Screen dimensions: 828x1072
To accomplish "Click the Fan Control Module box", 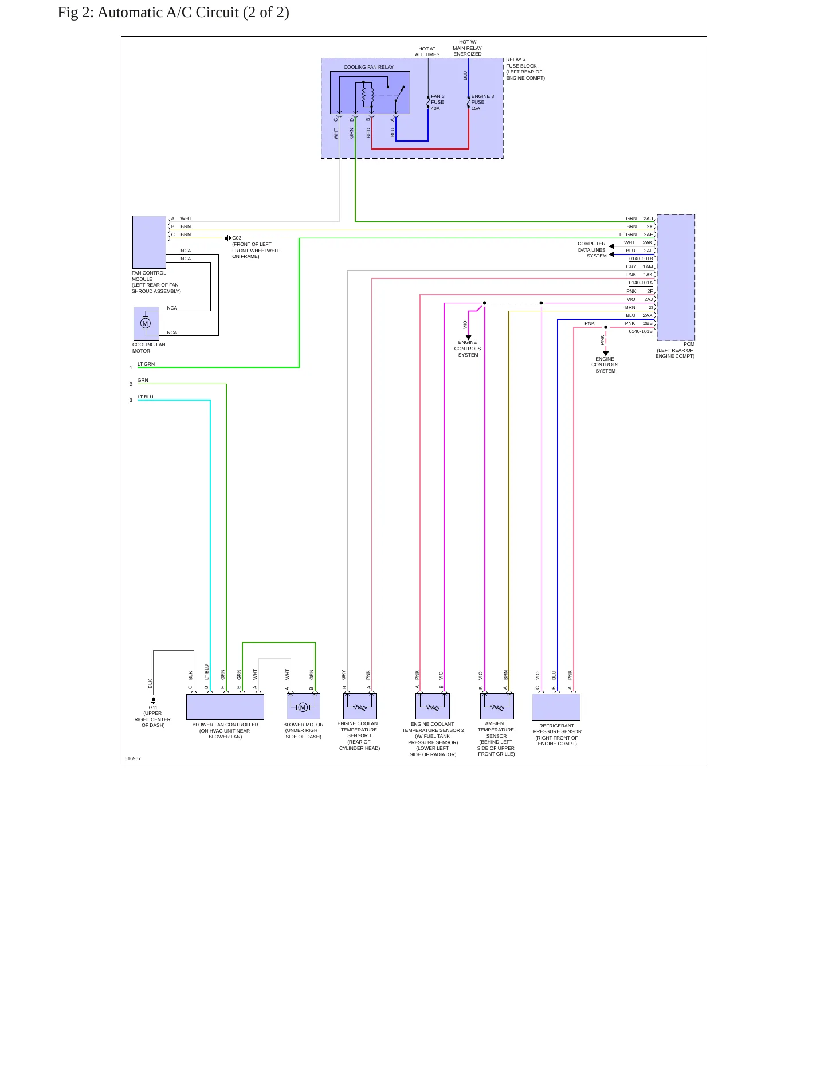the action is (x=149, y=242).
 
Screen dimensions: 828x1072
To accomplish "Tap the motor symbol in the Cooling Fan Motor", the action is (x=146, y=323).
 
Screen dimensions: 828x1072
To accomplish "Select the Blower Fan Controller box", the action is (x=225, y=707).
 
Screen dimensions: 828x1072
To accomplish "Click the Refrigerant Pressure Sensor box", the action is (x=556, y=707).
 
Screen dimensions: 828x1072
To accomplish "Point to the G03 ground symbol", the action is (x=227, y=238).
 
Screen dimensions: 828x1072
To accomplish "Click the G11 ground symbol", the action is (x=153, y=701).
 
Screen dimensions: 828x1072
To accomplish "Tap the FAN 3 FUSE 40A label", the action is (x=438, y=103).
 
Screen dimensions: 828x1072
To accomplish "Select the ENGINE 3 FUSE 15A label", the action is (x=482, y=103).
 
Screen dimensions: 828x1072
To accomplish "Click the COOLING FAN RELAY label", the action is (x=368, y=67).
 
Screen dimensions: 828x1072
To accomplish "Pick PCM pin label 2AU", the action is (x=648, y=218).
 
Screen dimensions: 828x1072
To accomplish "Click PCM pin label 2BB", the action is (x=648, y=323).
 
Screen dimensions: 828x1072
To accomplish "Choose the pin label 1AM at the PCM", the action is (x=648, y=267).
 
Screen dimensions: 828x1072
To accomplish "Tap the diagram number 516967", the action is (x=133, y=758).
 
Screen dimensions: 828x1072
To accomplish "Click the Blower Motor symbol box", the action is (x=303, y=706).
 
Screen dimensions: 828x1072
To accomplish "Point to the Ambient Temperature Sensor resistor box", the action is (x=497, y=706).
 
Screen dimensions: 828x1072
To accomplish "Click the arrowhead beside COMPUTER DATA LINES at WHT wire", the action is (x=611, y=247).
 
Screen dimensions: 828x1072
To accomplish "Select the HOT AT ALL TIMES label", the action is (x=427, y=52).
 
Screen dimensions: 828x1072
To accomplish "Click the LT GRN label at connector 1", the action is (x=146, y=364).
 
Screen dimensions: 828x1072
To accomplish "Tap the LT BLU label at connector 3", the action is (x=146, y=397).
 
